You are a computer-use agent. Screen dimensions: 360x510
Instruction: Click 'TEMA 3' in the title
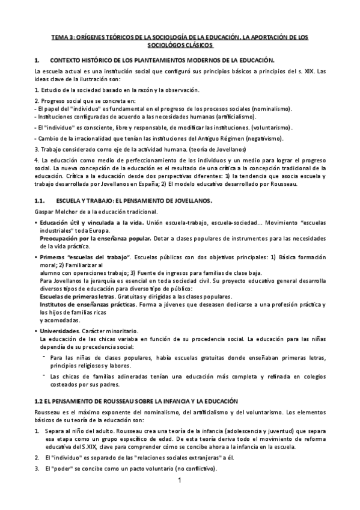pyautogui.click(x=60, y=37)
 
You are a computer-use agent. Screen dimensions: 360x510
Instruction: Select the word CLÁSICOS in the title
pyautogui.click(x=197, y=45)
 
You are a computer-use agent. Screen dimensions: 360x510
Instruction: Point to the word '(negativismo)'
pyautogui.click(x=262, y=138)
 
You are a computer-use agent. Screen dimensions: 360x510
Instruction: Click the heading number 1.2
pyautogui.click(x=40, y=401)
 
